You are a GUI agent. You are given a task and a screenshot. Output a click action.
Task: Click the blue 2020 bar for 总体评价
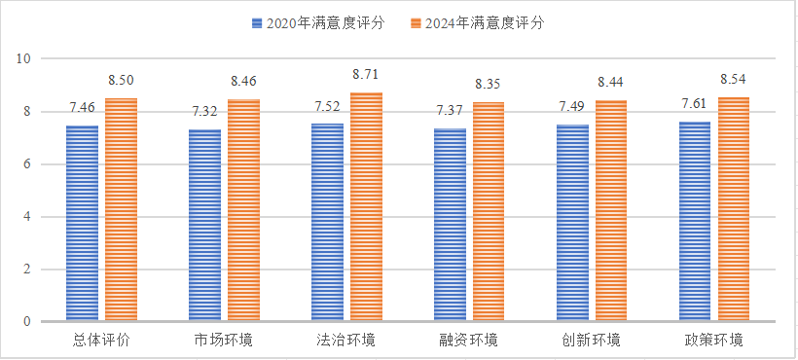pyautogui.click(x=82, y=223)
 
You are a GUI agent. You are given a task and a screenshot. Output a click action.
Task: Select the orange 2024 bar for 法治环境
pyautogui.click(x=366, y=206)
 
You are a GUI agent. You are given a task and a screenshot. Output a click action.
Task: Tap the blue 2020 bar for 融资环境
pyautogui.click(x=450, y=225)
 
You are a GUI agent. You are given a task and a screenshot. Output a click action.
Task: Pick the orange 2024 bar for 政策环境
pyautogui.click(x=734, y=209)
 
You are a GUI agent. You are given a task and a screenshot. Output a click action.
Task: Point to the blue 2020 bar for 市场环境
pyautogui.click(x=204, y=225)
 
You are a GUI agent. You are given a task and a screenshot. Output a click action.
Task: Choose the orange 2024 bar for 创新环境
pyautogui.click(x=611, y=210)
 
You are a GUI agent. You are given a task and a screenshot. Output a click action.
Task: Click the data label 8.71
pyautogui.click(x=366, y=74)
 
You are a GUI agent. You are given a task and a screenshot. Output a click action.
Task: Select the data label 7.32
pyautogui.click(x=204, y=111)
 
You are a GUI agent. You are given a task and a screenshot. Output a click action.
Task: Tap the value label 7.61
pyautogui.click(x=695, y=103)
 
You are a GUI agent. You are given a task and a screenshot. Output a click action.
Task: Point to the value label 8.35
pyautogui.click(x=489, y=84)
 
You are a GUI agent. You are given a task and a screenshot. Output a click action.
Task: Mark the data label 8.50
pyautogui.click(x=121, y=80)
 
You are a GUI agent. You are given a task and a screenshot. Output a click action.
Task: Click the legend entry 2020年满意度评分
pyautogui.click(x=320, y=22)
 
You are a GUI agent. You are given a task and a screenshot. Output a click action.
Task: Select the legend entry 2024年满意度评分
pyautogui.click(x=481, y=22)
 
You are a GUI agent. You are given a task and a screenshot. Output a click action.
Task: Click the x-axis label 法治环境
pyautogui.click(x=346, y=341)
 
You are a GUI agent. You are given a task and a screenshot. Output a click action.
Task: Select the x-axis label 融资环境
pyautogui.click(x=469, y=341)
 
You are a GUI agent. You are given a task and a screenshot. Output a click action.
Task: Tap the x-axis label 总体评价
pyautogui.click(x=101, y=341)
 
